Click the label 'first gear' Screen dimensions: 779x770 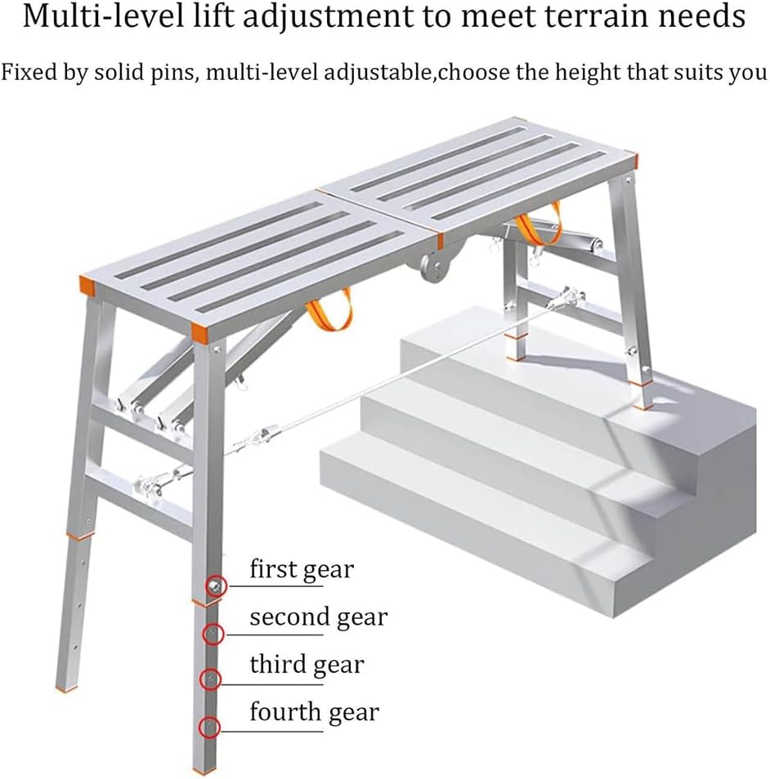coord(302,569)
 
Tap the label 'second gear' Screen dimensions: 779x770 coord(318,617)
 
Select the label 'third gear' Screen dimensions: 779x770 coord(307,665)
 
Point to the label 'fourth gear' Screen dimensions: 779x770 coord(314,712)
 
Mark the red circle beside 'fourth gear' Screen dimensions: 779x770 coord(211,726)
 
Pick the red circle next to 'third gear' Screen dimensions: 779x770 coord(211,679)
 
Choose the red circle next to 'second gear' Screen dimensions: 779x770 coord(212,633)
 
